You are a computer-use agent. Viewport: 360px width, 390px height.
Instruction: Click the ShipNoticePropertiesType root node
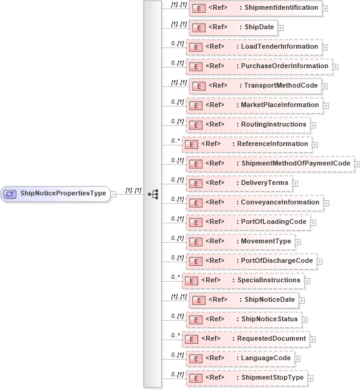click(56, 193)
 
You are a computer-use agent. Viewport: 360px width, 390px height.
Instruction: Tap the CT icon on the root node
click(10, 193)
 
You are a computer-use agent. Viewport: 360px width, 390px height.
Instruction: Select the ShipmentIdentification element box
click(255, 8)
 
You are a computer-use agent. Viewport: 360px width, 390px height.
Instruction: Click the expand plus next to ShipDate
click(280, 27)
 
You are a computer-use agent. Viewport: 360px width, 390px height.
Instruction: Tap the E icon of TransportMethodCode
click(198, 86)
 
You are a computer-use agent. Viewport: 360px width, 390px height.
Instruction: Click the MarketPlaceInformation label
click(278, 105)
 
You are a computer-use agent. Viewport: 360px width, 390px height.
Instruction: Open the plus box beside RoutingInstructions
click(314, 125)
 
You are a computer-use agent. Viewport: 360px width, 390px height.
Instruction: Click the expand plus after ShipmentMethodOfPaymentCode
click(357, 164)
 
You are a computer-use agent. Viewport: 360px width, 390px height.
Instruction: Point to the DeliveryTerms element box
click(238, 183)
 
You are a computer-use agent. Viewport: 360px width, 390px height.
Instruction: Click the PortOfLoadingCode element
click(247, 222)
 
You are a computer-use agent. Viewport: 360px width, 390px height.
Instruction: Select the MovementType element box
click(240, 242)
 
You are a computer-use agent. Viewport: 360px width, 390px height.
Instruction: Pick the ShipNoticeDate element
click(243, 299)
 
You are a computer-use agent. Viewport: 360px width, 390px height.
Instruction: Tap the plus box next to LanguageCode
click(299, 359)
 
